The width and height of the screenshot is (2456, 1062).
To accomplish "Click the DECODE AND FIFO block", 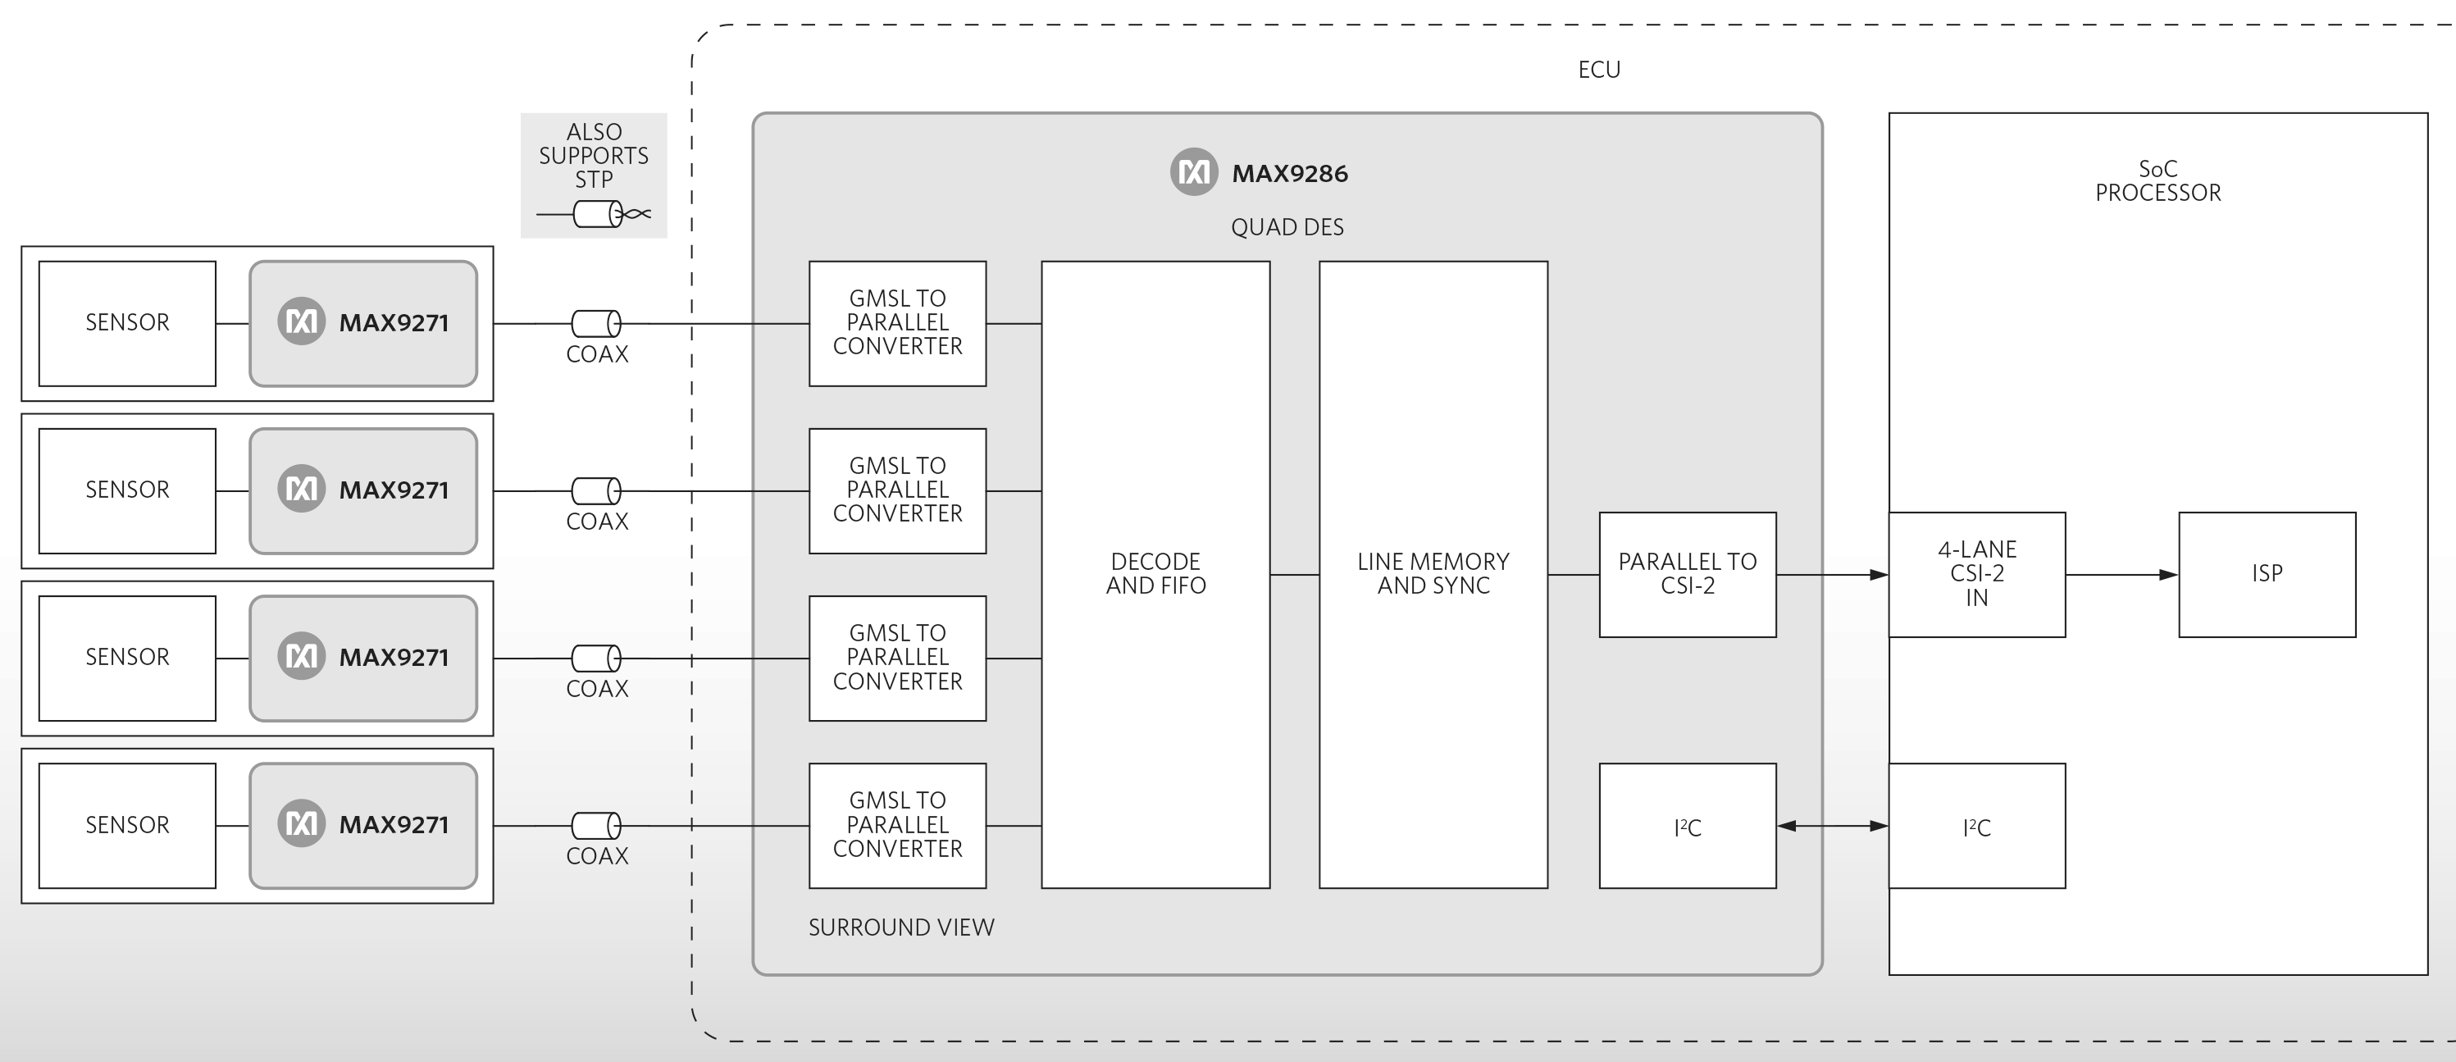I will [x=1155, y=574].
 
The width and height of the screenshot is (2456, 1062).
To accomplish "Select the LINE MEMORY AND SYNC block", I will [x=1433, y=574].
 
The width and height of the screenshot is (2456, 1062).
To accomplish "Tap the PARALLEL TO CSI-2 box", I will [x=1688, y=574].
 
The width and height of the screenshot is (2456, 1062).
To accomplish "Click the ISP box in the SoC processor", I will [x=2267, y=574].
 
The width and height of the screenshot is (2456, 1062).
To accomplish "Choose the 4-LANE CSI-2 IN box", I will [x=1976, y=574].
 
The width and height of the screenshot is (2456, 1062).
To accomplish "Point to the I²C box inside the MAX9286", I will [x=1688, y=826].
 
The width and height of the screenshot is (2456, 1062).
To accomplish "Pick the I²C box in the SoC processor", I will [x=1976, y=826].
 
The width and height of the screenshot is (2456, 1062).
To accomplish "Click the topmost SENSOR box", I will [x=127, y=323].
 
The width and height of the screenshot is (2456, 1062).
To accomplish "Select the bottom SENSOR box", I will [x=127, y=825].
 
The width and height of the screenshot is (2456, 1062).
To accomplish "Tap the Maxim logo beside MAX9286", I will [x=1194, y=172].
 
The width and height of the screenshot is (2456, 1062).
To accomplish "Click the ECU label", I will [x=1599, y=70].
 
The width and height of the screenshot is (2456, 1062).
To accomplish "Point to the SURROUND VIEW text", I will [x=901, y=928].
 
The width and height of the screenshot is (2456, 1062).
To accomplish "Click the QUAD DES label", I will [x=1287, y=227].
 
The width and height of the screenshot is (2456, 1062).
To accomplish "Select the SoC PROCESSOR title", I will [x=2158, y=181].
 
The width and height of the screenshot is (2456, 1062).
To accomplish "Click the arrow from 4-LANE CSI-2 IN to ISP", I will [x=2121, y=575].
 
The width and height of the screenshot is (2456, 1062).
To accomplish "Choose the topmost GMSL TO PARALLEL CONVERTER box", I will [x=897, y=323].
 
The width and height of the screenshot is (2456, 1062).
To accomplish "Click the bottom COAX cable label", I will [x=597, y=856].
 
